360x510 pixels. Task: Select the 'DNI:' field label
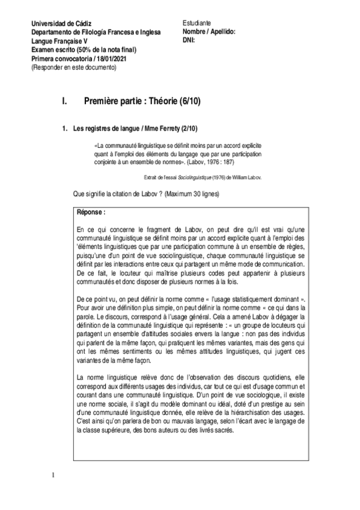(x=191, y=40)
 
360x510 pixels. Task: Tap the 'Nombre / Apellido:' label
(x=209, y=31)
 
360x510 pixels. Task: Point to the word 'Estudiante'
(x=197, y=23)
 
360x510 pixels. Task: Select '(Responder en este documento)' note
(x=73, y=67)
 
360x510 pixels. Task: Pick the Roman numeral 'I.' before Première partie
(x=65, y=103)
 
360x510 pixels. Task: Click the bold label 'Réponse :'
(x=91, y=212)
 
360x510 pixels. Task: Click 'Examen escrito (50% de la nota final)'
(x=84, y=49)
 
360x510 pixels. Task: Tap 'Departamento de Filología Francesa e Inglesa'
(x=96, y=32)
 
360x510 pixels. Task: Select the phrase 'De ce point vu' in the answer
(x=98, y=299)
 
